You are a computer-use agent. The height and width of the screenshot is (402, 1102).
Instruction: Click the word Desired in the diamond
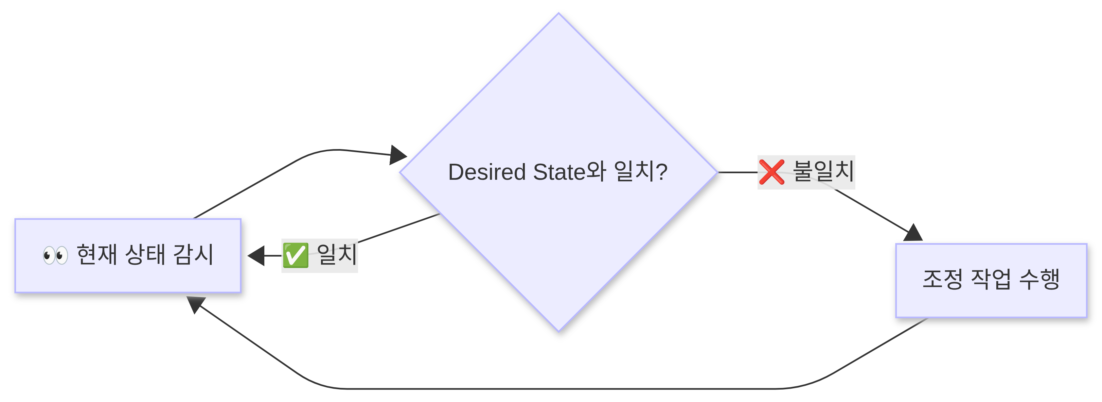tap(487, 172)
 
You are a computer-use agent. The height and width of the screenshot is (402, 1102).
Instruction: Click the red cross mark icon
tap(772, 172)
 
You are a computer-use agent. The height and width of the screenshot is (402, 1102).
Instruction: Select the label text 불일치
tap(823, 171)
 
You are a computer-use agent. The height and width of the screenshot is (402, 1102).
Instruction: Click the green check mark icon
tap(295, 256)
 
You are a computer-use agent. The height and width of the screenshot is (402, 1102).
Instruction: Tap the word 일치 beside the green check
tap(337, 255)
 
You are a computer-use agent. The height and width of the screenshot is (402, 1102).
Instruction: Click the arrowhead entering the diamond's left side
tap(398, 155)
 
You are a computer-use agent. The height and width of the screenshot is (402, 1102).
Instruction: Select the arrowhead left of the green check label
tap(256, 256)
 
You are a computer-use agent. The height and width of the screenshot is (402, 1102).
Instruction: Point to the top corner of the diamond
tap(558, 13)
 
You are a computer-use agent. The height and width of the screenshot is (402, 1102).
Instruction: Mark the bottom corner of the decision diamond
tap(558, 331)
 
